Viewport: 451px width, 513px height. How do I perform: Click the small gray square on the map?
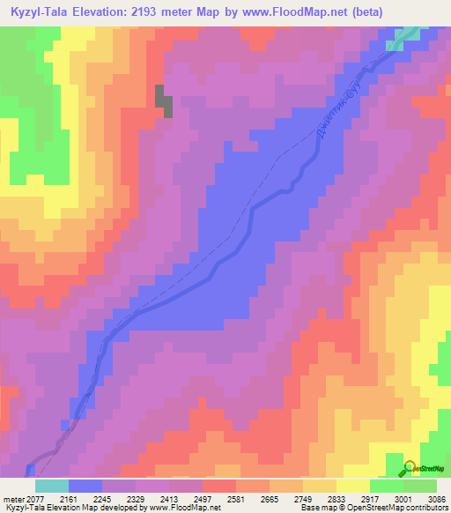[163, 100]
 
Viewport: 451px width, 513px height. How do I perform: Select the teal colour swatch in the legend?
[52, 486]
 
